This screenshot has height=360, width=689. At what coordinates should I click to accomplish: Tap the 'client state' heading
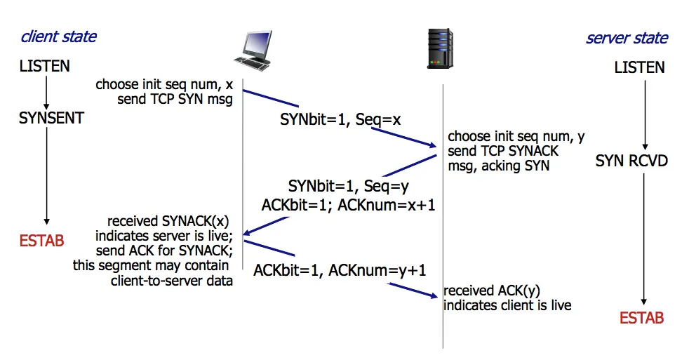tap(59, 36)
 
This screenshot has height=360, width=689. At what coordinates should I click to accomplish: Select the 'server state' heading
tap(627, 38)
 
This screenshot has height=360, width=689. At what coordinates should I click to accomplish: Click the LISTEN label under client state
tap(45, 67)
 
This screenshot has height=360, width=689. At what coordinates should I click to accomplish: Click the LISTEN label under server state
tap(639, 68)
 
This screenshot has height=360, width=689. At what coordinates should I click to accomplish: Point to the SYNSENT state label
tap(51, 118)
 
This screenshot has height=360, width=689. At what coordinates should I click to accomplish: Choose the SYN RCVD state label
tap(631, 161)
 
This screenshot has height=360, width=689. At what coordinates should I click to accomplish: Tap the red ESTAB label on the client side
tap(42, 241)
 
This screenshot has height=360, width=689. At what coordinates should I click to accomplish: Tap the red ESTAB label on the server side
tap(641, 319)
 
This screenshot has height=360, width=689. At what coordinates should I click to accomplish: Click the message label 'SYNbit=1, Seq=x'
tap(340, 120)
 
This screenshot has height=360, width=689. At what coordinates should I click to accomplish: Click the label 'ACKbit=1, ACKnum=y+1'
tap(340, 269)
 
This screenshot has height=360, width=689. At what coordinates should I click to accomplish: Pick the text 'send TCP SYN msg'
tap(175, 100)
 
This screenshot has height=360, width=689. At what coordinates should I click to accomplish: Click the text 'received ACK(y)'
tap(490, 291)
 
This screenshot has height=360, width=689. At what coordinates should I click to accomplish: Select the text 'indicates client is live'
tap(507, 305)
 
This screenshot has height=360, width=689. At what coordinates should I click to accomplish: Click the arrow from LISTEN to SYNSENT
tap(46, 91)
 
